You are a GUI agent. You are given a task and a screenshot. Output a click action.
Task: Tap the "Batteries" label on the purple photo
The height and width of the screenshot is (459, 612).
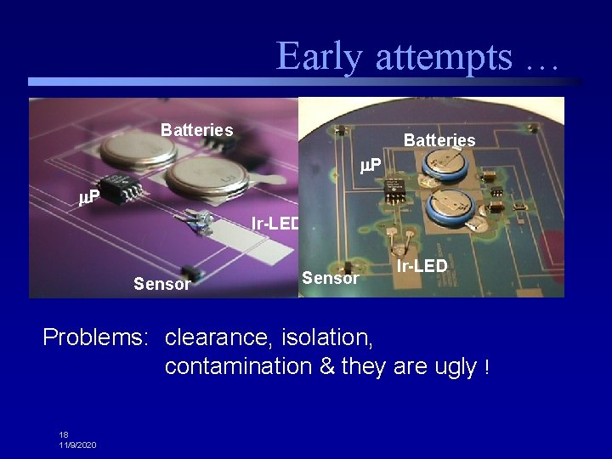196,130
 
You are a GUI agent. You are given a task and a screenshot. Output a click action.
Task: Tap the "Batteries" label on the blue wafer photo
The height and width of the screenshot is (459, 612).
439,139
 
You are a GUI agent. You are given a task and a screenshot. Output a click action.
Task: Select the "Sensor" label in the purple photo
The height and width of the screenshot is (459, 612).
161,284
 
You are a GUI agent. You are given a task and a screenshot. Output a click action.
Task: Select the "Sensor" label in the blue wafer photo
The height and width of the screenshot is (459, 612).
331,278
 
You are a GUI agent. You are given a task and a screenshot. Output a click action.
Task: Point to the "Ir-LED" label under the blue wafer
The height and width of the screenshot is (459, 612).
422,266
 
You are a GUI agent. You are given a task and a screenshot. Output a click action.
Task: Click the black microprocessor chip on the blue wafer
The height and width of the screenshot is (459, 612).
395,190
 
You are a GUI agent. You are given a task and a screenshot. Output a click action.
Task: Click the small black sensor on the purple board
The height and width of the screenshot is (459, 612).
193,273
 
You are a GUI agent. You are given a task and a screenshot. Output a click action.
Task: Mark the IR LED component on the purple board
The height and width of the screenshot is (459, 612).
202,220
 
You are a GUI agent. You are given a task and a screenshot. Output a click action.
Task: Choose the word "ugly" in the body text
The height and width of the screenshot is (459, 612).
456,367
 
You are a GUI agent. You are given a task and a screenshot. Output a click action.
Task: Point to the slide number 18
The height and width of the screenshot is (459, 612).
64,434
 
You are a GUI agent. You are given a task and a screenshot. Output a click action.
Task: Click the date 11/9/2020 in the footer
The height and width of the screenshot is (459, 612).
77,445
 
